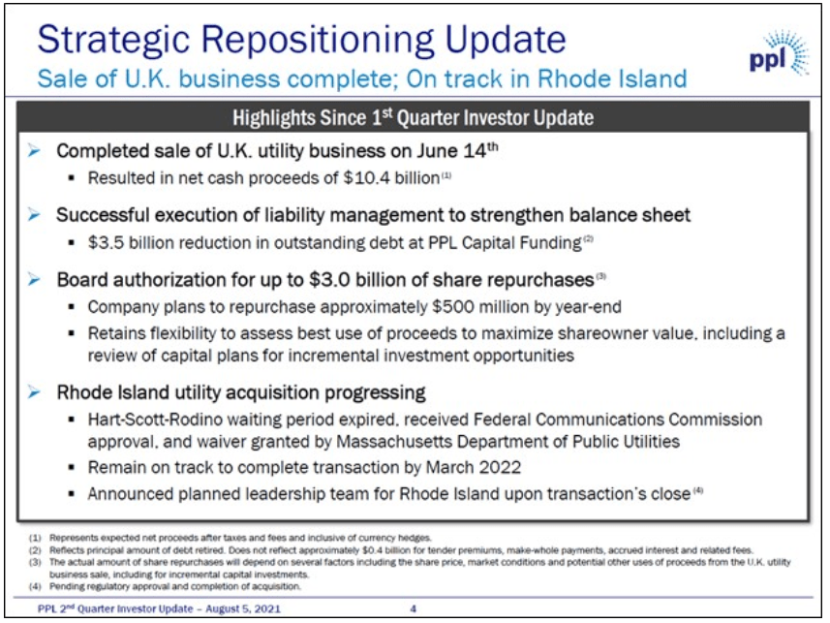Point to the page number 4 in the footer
point(413,608)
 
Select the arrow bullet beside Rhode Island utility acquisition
point(34,393)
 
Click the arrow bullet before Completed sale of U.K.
point(34,152)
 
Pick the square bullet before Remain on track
point(74,467)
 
